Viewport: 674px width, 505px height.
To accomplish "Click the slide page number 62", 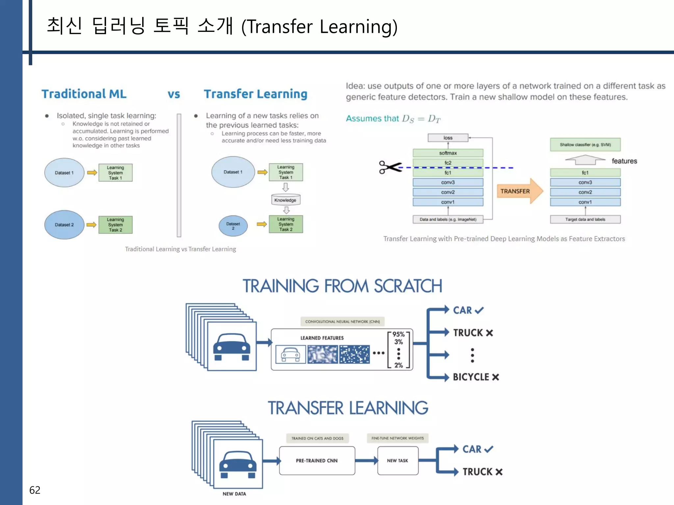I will (x=35, y=490).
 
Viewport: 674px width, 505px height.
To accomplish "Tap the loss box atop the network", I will (x=448, y=138).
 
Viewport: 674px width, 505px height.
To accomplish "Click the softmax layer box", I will (x=448, y=153).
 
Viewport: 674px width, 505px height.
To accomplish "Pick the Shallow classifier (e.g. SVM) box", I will (x=585, y=145).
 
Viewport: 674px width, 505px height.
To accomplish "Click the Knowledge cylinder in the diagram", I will (x=285, y=200).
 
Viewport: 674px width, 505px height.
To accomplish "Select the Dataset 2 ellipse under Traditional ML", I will (x=64, y=225).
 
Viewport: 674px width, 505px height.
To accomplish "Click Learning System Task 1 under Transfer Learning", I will (x=286, y=172).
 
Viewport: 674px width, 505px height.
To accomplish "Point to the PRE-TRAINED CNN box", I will (x=317, y=460).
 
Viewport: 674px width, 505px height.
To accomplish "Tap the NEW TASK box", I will (x=398, y=460).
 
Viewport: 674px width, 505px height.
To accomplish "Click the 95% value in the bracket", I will (x=398, y=334).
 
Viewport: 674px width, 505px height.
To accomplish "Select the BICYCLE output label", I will (x=471, y=377).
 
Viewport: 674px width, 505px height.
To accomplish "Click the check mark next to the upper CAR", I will (x=479, y=310).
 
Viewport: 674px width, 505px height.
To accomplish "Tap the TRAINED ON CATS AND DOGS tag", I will (x=317, y=438).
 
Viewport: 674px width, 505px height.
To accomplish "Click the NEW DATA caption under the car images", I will (x=234, y=494).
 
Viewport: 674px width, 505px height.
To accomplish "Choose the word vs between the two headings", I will (x=174, y=94).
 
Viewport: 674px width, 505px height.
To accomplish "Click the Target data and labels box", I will (x=585, y=219).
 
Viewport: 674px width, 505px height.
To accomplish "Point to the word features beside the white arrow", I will (x=624, y=161).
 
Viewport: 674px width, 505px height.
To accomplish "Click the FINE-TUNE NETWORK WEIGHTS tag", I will (x=398, y=438).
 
